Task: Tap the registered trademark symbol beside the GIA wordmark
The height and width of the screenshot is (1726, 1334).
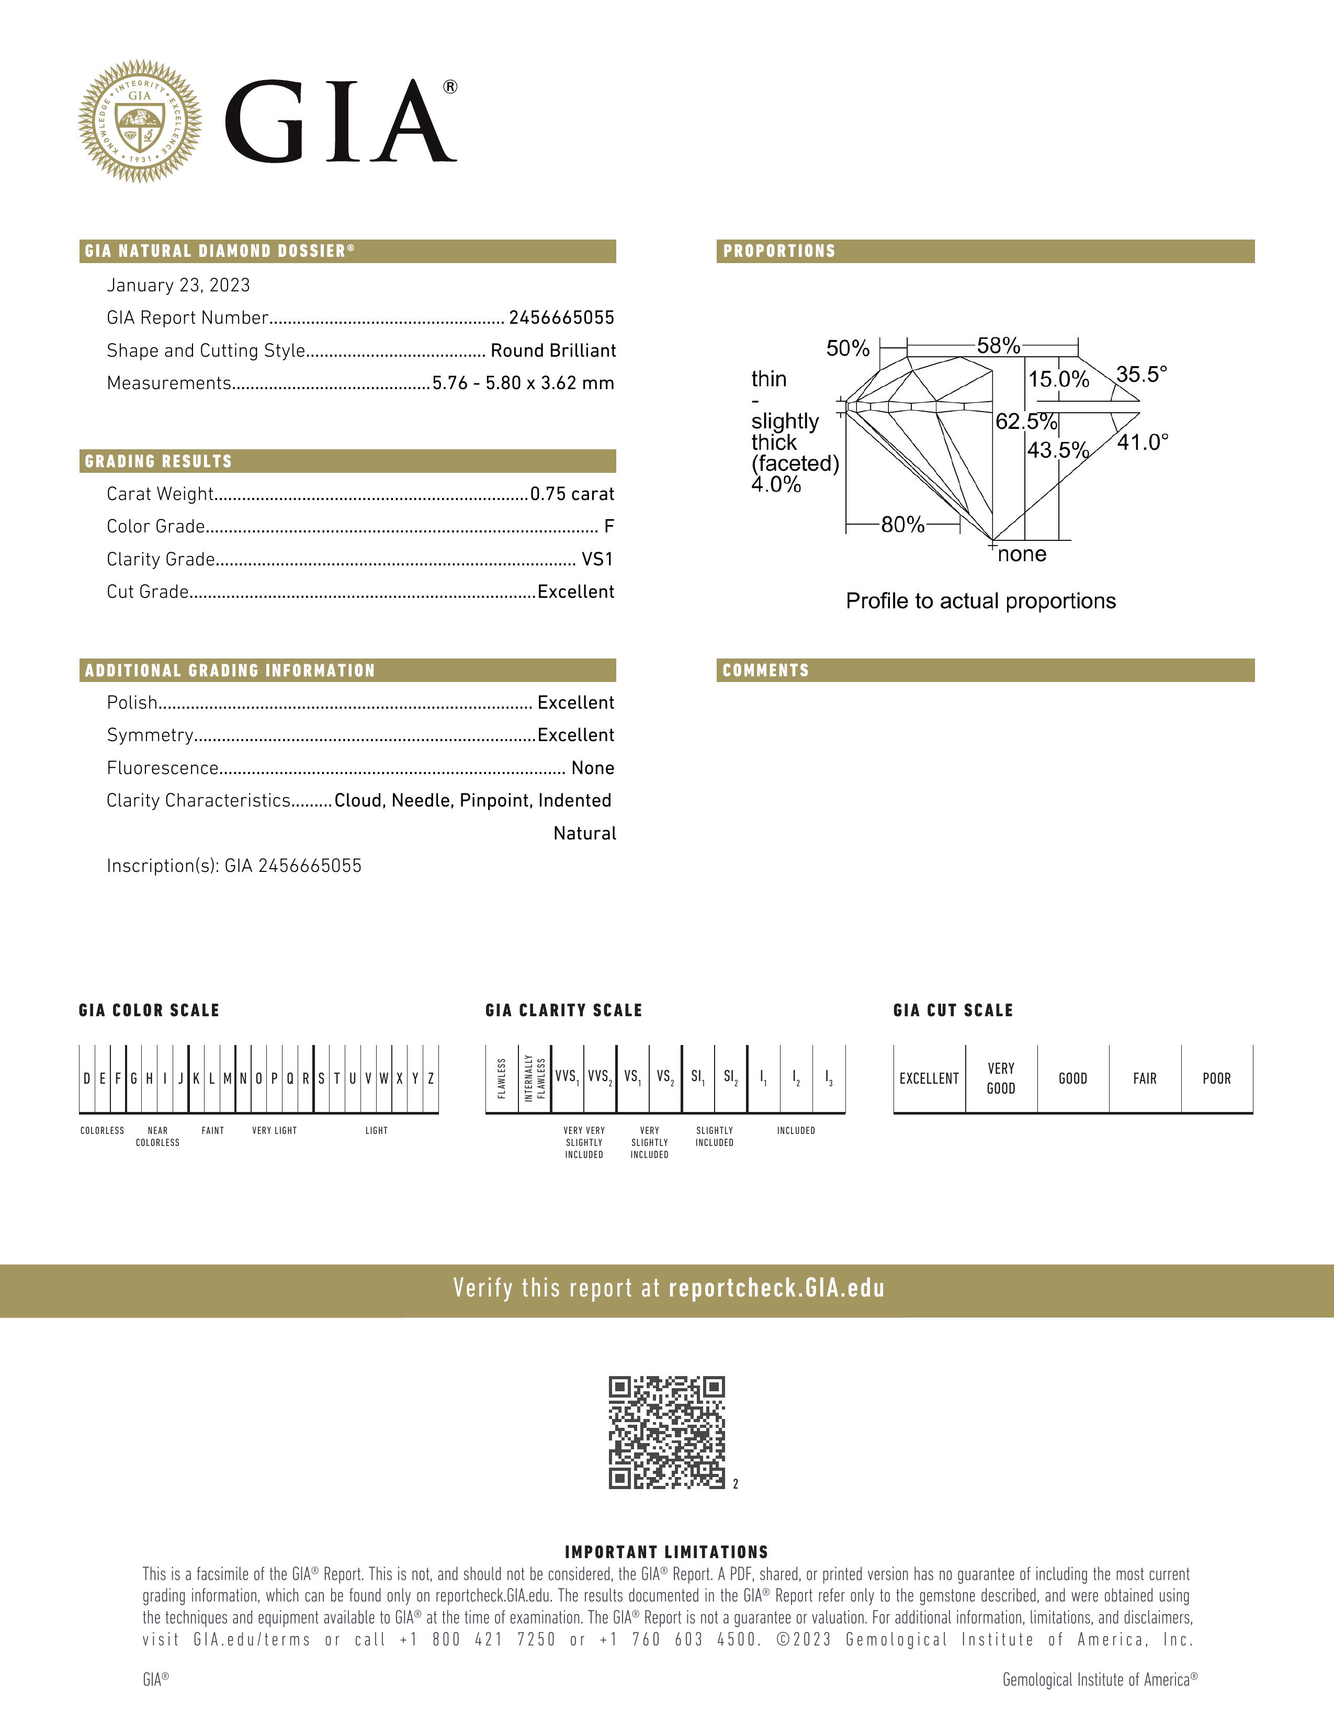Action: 450,87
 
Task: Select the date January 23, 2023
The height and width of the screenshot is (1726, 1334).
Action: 178,285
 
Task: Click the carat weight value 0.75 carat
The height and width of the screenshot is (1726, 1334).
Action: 572,494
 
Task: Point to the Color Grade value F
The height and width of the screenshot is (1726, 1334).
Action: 608,526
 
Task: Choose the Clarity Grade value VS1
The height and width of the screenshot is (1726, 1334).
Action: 597,560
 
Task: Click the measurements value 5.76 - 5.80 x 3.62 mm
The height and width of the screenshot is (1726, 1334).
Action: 523,383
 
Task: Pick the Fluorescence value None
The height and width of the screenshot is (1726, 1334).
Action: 593,768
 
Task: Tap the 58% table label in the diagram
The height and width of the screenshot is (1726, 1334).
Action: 998,345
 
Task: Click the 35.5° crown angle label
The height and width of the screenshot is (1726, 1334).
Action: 1141,374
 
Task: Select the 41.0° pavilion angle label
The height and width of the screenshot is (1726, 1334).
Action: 1142,442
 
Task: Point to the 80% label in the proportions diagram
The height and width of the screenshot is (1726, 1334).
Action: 902,524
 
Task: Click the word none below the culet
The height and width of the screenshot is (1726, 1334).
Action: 1022,554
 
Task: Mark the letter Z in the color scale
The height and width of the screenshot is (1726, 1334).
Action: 431,1078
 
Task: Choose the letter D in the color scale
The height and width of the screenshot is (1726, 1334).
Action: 87,1078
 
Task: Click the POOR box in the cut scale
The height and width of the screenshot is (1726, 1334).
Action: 1216,1078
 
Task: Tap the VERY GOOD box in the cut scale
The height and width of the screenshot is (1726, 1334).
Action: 1000,1078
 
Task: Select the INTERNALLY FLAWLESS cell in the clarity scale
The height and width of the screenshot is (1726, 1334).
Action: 535,1078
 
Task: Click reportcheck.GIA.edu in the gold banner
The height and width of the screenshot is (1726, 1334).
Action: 776,1289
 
